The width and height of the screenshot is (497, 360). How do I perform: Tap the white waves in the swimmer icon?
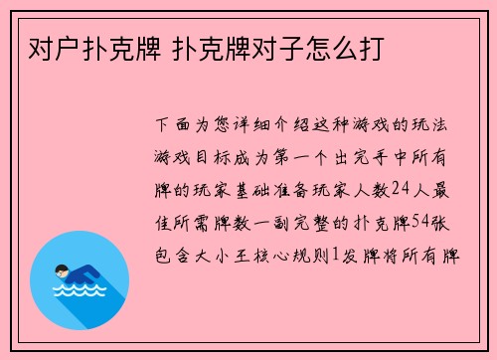tap(79, 294)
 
